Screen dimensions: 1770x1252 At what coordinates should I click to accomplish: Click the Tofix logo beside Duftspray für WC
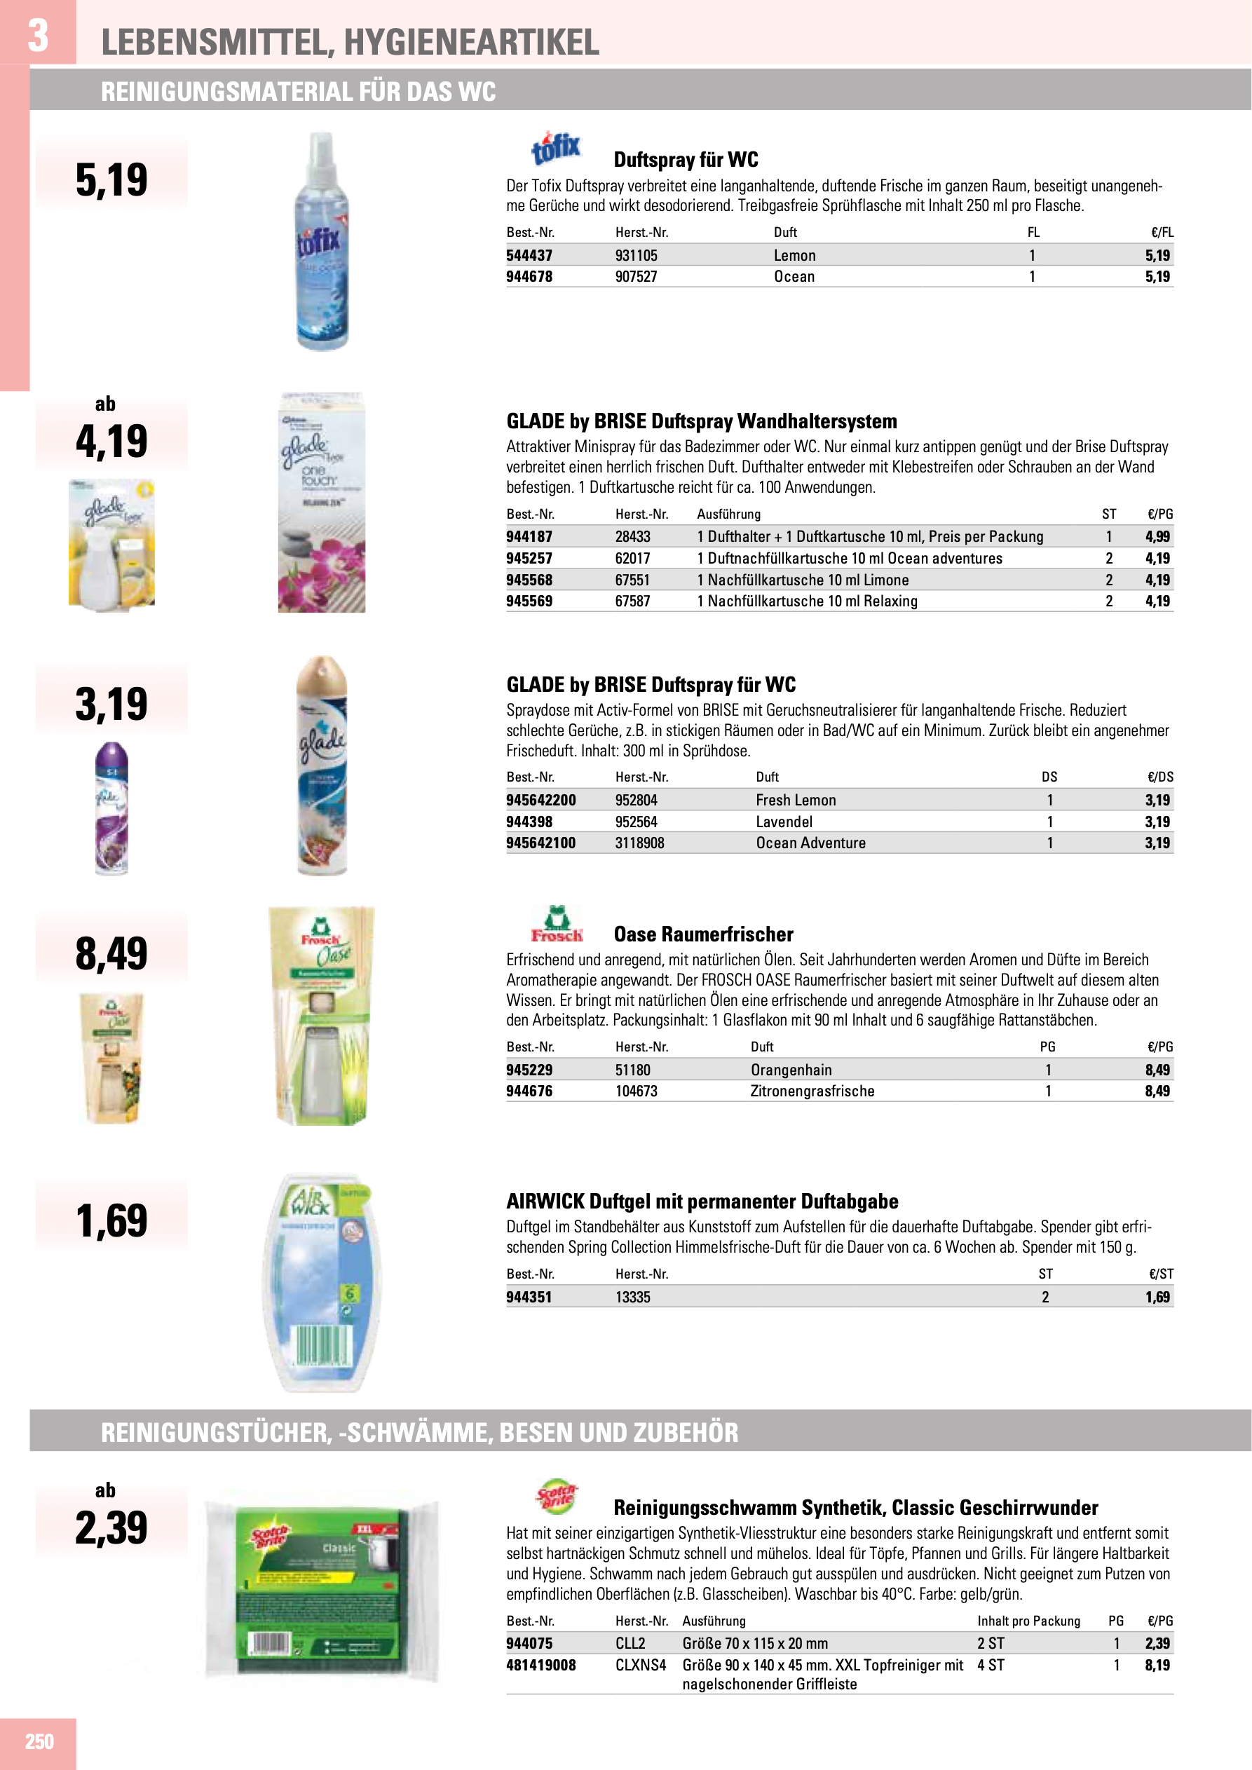[555, 148]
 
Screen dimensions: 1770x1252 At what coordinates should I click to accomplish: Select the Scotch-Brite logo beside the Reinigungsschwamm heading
[556, 1497]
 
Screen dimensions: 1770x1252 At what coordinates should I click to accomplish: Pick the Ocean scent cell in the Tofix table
[794, 277]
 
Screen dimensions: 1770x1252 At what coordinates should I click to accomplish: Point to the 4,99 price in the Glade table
[1157, 536]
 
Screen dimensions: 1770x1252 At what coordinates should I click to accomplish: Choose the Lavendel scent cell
[784, 822]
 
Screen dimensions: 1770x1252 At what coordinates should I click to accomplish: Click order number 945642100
[540, 843]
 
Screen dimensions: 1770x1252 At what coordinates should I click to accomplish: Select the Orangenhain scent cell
[791, 1070]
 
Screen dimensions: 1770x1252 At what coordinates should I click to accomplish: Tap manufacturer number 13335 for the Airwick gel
[632, 1298]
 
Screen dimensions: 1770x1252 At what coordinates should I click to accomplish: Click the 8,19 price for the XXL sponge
[1157, 1665]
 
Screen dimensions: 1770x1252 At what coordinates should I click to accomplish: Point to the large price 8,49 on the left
[111, 953]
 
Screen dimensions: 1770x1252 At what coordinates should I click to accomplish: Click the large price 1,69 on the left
[111, 1221]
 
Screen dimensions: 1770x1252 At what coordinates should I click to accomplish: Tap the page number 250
[39, 1741]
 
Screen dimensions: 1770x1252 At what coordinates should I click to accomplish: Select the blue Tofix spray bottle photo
[322, 241]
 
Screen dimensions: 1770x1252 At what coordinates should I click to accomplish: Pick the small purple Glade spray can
[111, 808]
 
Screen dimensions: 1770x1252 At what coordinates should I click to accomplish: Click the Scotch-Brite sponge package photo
[322, 1591]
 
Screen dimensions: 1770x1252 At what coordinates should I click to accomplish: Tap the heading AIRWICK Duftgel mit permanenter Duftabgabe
[702, 1201]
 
